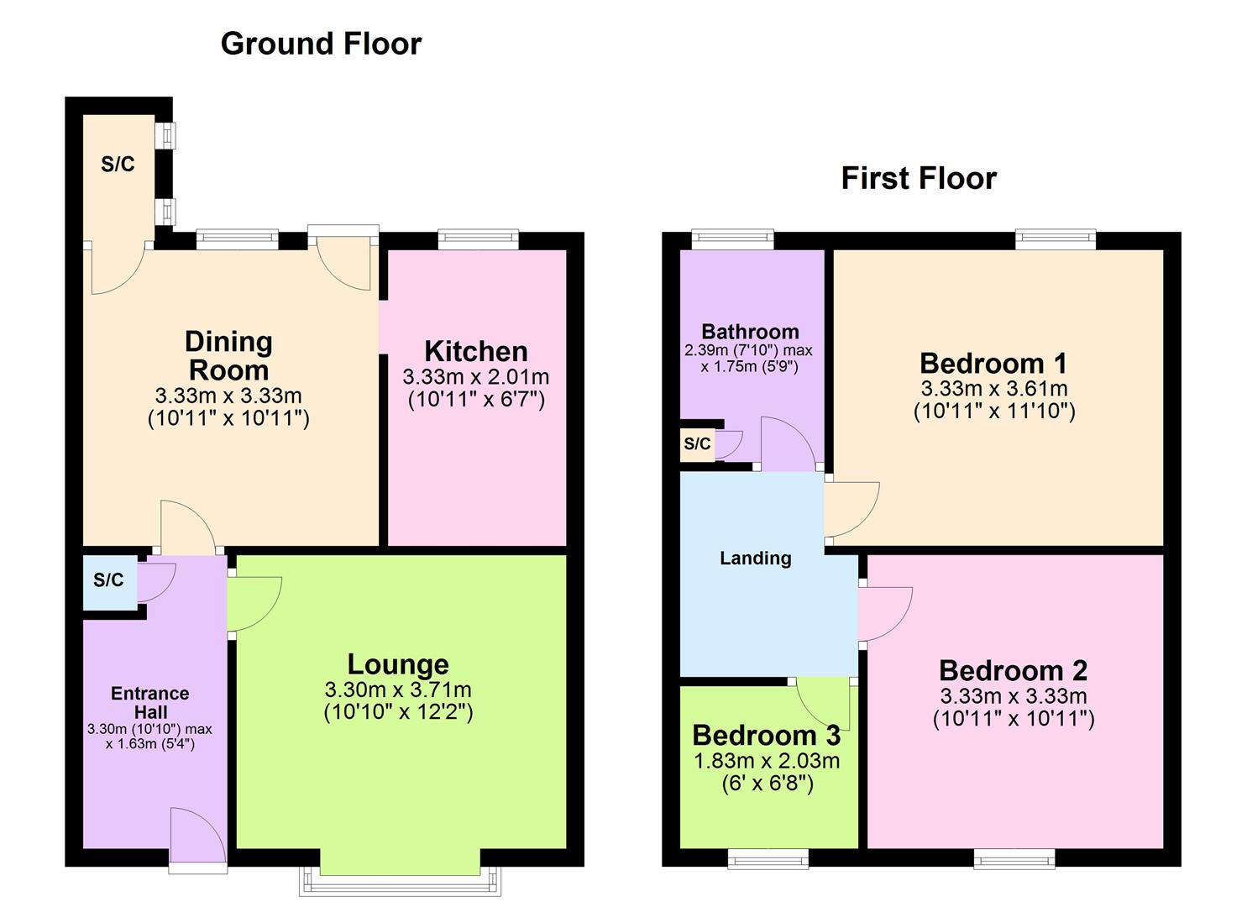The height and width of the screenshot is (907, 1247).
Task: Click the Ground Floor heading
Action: (x=321, y=44)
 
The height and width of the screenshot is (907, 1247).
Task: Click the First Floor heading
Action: (x=919, y=178)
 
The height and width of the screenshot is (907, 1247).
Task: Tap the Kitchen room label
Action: (x=476, y=351)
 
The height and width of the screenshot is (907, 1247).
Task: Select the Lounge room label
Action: (x=398, y=664)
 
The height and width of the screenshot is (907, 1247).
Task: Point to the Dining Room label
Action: (x=228, y=355)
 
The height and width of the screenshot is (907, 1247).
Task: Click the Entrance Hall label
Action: (x=149, y=702)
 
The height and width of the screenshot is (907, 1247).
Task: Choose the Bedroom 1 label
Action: (x=993, y=364)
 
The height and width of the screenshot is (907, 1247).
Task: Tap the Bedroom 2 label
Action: (x=1013, y=670)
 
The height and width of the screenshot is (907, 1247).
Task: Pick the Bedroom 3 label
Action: (x=766, y=736)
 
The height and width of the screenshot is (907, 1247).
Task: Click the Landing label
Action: (x=756, y=558)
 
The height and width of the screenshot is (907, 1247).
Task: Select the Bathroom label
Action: (x=750, y=332)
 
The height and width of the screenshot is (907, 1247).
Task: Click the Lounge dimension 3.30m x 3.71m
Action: (x=398, y=690)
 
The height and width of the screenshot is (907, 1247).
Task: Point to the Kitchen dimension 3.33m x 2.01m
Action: (x=476, y=377)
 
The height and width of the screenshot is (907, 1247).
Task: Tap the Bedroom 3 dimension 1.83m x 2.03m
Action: (x=767, y=761)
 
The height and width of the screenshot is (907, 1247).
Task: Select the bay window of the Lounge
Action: (x=401, y=880)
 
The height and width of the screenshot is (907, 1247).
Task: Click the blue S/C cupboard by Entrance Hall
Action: (x=109, y=580)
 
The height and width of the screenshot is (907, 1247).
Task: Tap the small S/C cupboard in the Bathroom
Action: (x=697, y=444)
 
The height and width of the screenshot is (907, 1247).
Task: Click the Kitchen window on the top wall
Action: (x=478, y=240)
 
